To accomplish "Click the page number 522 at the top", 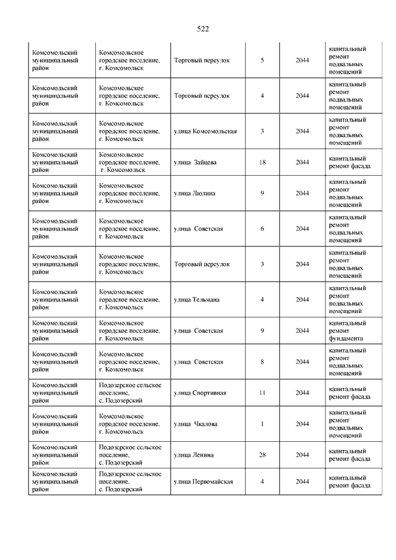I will coord(202,28).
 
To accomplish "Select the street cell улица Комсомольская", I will coord(205,131).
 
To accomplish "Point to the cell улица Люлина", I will coord(195,193).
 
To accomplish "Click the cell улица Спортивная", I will coord(200,392).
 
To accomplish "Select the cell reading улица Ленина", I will coord(194,455).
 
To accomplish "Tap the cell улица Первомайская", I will coord(203,481).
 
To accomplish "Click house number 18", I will coord(262,162).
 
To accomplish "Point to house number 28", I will coord(262,455).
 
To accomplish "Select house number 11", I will coord(262,392).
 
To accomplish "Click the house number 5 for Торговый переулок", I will coord(262,61).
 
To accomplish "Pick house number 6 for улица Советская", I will coord(262,228).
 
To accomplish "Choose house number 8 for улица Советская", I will coord(262,361).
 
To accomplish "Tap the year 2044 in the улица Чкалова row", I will coord(302,424).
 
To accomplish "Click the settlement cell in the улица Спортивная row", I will coord(130,392).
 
